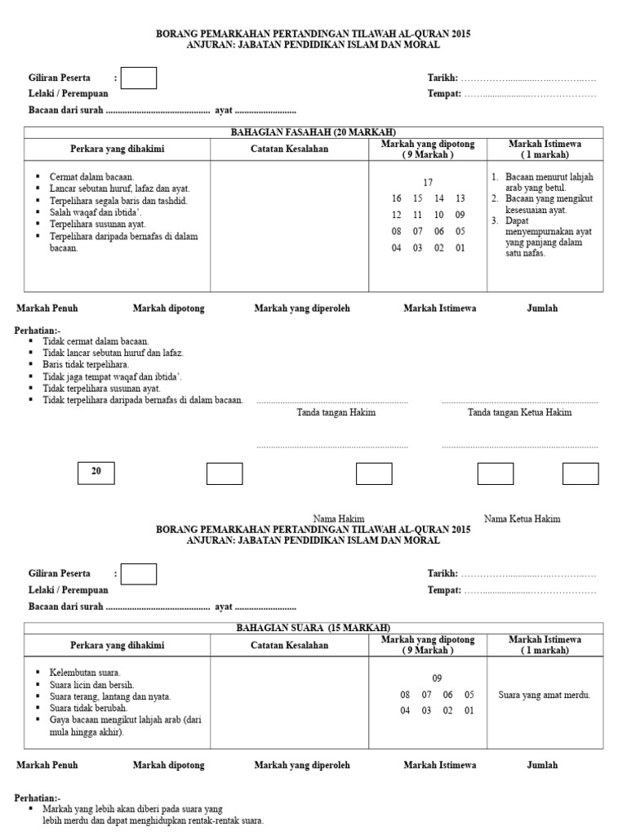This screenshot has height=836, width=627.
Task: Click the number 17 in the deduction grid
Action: [428, 182]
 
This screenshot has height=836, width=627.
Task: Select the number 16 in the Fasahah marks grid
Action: [397, 198]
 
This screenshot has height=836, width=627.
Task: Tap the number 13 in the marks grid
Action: [460, 198]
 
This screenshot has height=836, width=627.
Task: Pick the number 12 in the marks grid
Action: [397, 215]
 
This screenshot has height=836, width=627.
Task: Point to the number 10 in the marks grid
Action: [439, 215]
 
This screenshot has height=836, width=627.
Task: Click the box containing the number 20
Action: [96, 473]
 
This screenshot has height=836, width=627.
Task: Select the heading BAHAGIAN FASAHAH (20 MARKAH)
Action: [314, 132]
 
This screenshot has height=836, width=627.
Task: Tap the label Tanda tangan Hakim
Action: [336, 412]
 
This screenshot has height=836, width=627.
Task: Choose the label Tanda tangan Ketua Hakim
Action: [519, 412]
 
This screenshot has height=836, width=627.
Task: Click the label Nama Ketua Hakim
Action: [522, 518]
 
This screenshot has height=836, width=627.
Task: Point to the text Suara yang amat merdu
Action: [544, 695]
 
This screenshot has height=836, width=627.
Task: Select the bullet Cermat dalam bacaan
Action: [91, 176]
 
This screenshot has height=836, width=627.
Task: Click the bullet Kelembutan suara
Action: [86, 673]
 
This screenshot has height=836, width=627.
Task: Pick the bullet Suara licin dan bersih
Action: [92, 685]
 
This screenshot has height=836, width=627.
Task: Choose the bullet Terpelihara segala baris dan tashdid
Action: [118, 200]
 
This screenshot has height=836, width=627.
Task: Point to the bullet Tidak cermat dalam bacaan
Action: [96, 340]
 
